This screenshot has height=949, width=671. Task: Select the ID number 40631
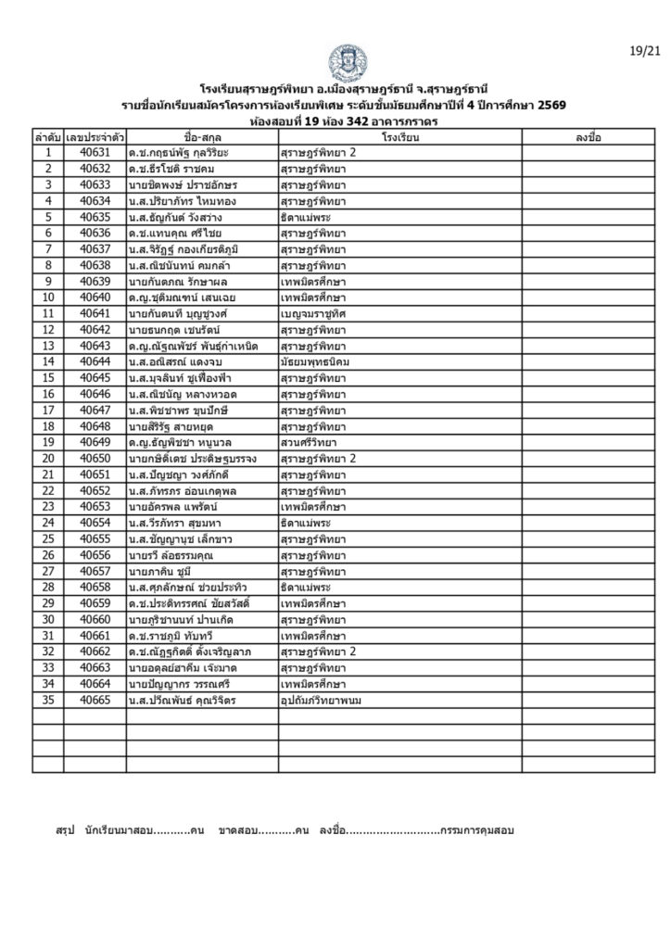click(x=95, y=151)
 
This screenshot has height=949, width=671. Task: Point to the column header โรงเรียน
click(x=399, y=136)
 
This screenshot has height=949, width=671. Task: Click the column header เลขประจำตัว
click(x=95, y=136)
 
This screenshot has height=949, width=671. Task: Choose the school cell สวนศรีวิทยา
click(x=310, y=442)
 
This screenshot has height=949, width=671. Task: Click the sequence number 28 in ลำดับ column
click(x=48, y=587)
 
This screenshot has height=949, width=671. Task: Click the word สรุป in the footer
click(x=64, y=829)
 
